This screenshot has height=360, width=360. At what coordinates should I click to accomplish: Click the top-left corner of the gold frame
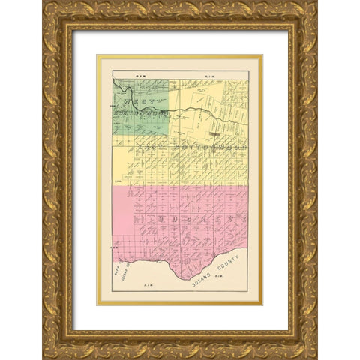(x=43, y=2)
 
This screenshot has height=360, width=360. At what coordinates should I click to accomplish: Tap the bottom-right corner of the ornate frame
(x=316, y=358)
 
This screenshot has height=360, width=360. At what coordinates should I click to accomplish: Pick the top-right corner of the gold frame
(x=316, y=2)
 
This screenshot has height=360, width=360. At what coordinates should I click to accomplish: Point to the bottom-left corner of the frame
(x=43, y=358)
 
